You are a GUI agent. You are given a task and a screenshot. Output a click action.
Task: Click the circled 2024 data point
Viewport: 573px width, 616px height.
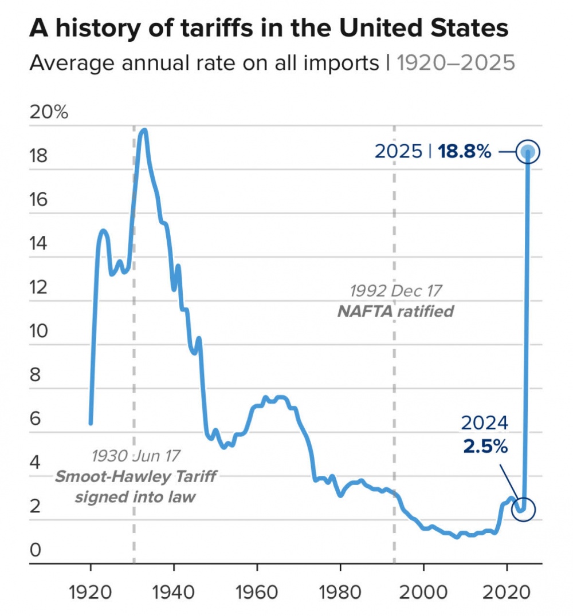tap(522, 509)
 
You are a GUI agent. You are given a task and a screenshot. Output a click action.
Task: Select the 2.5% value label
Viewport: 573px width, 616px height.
tap(485, 447)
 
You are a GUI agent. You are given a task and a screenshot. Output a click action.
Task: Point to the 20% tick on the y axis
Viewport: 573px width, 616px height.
tap(49, 112)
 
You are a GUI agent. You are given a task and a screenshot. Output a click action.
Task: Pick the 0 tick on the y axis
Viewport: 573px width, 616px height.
tap(35, 551)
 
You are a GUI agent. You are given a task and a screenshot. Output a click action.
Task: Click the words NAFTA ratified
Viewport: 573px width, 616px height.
tap(395, 311)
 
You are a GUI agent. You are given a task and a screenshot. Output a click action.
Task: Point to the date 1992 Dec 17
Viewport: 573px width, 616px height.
tap(396, 291)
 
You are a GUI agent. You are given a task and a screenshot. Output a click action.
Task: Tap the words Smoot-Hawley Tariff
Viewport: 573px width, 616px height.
tap(136, 476)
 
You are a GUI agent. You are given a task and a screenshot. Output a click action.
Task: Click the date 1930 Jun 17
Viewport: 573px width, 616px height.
tap(136, 456)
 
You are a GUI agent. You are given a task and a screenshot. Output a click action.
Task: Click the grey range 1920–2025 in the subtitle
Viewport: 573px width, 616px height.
tap(456, 62)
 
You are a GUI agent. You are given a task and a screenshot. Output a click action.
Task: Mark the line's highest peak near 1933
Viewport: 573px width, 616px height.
tap(144, 131)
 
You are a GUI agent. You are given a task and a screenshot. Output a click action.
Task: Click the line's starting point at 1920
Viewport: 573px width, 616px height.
tap(91, 422)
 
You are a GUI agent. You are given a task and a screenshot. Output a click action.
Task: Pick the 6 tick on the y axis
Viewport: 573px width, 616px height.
tap(35, 419)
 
